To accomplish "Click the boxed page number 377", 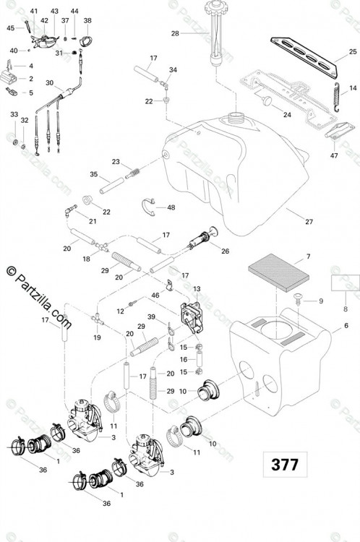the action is [285, 464].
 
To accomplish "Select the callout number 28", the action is [175, 33].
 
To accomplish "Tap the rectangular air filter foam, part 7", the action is [279, 273].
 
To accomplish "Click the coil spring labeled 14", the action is [337, 98].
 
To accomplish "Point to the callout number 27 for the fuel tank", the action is [309, 222].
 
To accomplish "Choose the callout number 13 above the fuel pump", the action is [197, 288].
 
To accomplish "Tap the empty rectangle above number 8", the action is [346, 283].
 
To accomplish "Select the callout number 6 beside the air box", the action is [346, 326].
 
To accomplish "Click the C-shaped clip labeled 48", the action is [148, 207].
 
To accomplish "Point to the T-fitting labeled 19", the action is [98, 319].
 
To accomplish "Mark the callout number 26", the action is [225, 251].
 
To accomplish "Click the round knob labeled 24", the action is [266, 100].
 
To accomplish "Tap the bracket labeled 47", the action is [340, 131].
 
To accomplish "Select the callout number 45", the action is [11, 27].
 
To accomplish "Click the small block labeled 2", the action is [8, 77].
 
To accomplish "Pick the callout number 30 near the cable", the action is [50, 83].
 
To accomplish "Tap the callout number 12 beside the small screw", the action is [120, 311].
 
